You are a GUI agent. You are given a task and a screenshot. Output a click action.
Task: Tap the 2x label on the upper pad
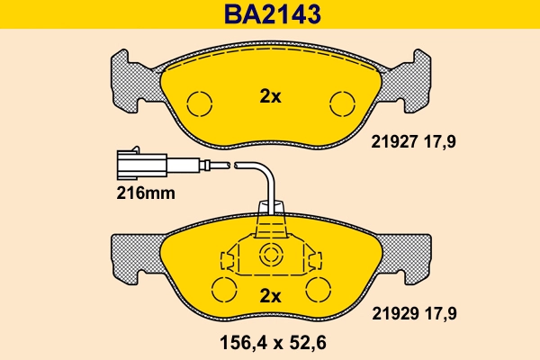pyautogui.click(x=270, y=97)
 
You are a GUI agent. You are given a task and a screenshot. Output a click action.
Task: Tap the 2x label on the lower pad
pyautogui.click(x=270, y=295)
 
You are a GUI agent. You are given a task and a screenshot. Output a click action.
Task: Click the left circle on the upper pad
pyautogui.click(x=199, y=103)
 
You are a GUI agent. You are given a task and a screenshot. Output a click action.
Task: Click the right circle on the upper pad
pyautogui.click(x=341, y=103)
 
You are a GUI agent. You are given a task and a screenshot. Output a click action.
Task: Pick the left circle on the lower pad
pyautogui.click(x=223, y=290)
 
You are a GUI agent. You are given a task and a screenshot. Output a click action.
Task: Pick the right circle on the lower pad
pyautogui.click(x=317, y=290)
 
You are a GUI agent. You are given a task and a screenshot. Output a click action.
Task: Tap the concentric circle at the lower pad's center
pyautogui.click(x=270, y=256)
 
